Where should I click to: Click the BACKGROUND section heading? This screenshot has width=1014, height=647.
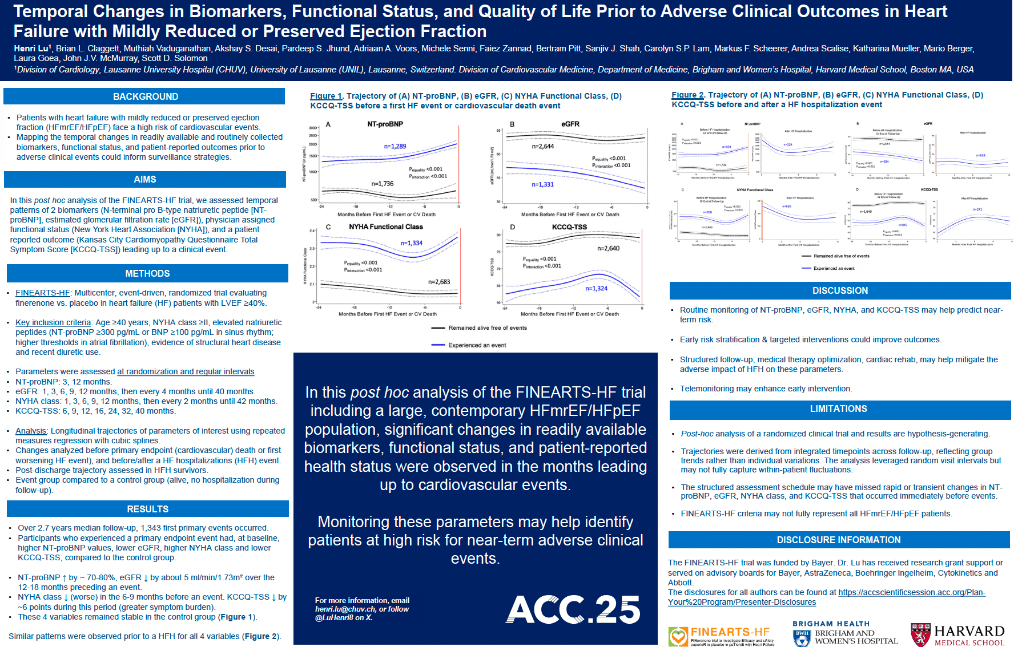pos(145,96)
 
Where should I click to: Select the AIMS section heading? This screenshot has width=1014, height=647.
pos(145,179)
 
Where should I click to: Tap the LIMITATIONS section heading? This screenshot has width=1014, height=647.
pos(838,409)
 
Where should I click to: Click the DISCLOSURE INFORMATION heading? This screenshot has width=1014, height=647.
pos(838,540)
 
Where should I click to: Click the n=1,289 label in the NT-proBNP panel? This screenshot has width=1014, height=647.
pos(395,146)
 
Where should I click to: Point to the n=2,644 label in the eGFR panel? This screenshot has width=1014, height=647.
pos(542,146)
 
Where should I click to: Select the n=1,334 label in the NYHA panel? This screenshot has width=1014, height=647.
pos(411,243)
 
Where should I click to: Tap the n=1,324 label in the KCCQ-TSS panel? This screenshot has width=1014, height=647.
pos(596,288)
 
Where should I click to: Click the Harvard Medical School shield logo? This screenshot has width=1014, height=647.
pos(920,634)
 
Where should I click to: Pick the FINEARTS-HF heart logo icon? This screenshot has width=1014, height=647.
pos(678,636)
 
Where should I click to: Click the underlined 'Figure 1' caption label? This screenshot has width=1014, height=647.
pos(325,96)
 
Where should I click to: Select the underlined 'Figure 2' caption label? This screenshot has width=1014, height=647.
pos(687,95)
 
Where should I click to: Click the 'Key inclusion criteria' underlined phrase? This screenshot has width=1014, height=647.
pos(53,322)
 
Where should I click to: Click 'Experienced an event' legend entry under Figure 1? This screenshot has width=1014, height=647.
pos(477,345)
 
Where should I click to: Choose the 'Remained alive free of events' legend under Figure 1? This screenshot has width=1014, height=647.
pos(487,328)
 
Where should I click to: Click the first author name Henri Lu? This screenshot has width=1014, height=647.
pos(33,48)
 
